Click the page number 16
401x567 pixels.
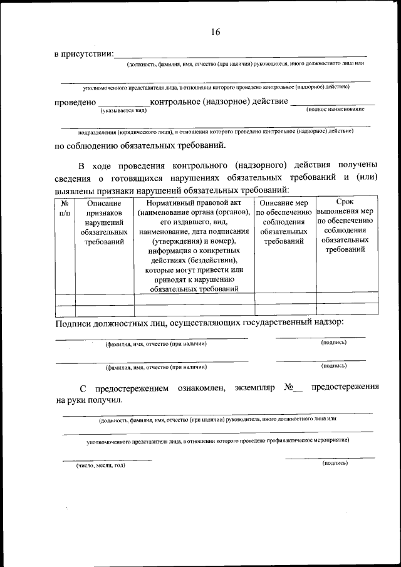pos(216,33)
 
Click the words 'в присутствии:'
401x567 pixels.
pos(83,55)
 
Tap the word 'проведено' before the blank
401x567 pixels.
pos(75,101)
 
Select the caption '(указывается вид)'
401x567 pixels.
pos(123,111)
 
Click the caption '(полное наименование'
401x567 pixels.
pos(335,110)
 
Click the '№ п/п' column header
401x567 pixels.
pos(65,208)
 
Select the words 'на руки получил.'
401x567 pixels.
pos(89,399)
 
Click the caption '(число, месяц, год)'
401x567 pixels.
pos(101,466)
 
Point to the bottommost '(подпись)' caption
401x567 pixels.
pos(334,463)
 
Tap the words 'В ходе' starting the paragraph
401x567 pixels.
pos(91,166)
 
